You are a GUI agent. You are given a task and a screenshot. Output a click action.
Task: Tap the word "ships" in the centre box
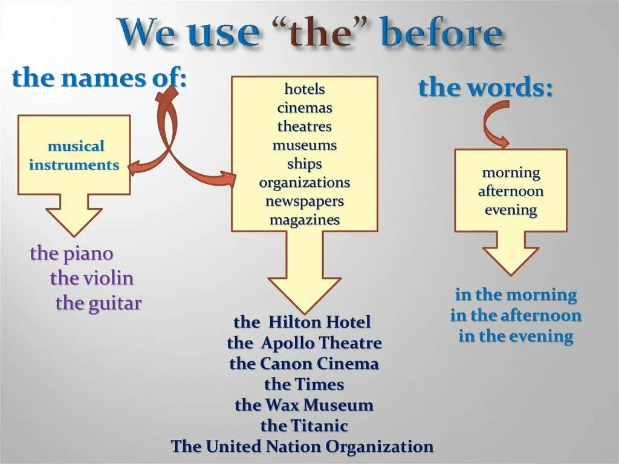[x=305, y=164]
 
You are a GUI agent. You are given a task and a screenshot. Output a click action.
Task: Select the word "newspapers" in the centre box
[x=305, y=201]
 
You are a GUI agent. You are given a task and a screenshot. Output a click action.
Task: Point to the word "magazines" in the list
[x=305, y=220]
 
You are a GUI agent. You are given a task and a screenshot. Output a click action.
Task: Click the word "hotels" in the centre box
[x=305, y=89]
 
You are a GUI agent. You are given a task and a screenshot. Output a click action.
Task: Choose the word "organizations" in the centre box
[x=305, y=182]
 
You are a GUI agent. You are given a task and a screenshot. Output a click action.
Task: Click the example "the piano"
[x=71, y=253]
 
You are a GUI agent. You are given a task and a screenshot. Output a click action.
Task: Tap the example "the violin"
[x=92, y=278]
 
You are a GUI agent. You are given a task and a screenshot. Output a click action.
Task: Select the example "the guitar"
[x=99, y=302]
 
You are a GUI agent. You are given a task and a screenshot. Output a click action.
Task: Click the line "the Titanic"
[x=304, y=426]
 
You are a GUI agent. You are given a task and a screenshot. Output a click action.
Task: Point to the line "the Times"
[x=304, y=384]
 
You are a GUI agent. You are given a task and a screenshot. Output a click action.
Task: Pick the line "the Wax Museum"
[x=304, y=405]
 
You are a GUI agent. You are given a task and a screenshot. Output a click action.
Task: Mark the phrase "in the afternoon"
[x=516, y=315]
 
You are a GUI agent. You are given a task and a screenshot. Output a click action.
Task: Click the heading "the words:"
[x=485, y=88]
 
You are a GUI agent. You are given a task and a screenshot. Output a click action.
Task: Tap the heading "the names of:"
[x=99, y=78]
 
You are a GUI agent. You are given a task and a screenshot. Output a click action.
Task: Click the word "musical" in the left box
[x=76, y=146]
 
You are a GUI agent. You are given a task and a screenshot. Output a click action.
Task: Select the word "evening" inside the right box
[x=511, y=210]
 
